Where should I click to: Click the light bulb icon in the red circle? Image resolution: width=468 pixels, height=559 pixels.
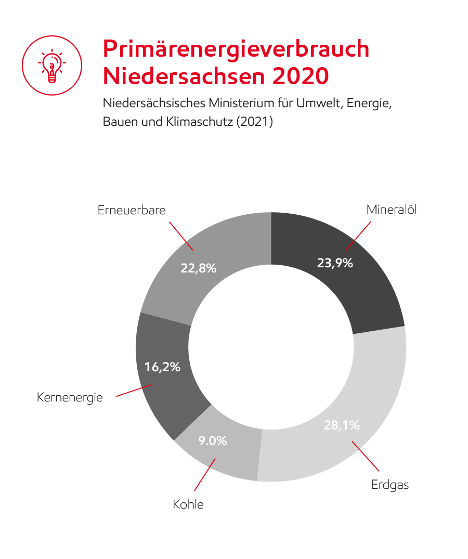tap(51, 66)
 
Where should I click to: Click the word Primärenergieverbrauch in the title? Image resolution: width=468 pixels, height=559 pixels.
tap(236, 49)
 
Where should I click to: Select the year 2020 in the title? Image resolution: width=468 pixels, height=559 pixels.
tap(300, 76)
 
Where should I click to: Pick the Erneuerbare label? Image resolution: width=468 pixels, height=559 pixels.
tap(132, 210)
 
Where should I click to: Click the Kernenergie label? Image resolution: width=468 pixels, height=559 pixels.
tap(70, 398)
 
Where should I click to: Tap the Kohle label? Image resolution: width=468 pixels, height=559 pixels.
tap(188, 504)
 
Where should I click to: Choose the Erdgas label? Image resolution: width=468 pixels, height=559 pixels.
tap(390, 485)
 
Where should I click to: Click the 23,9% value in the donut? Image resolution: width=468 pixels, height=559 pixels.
tap(335, 263)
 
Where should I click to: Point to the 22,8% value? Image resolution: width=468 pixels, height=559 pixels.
tap(199, 268)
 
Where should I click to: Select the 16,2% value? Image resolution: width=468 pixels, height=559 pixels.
tap(162, 367)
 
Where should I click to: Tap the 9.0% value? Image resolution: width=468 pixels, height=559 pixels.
tap(213, 441)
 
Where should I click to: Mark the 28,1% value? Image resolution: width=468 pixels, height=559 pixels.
tap(342, 425)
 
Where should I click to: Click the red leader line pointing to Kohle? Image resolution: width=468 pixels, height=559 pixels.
tap(205, 474)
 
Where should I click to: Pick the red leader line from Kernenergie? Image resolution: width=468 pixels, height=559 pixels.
tap(134, 391)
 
